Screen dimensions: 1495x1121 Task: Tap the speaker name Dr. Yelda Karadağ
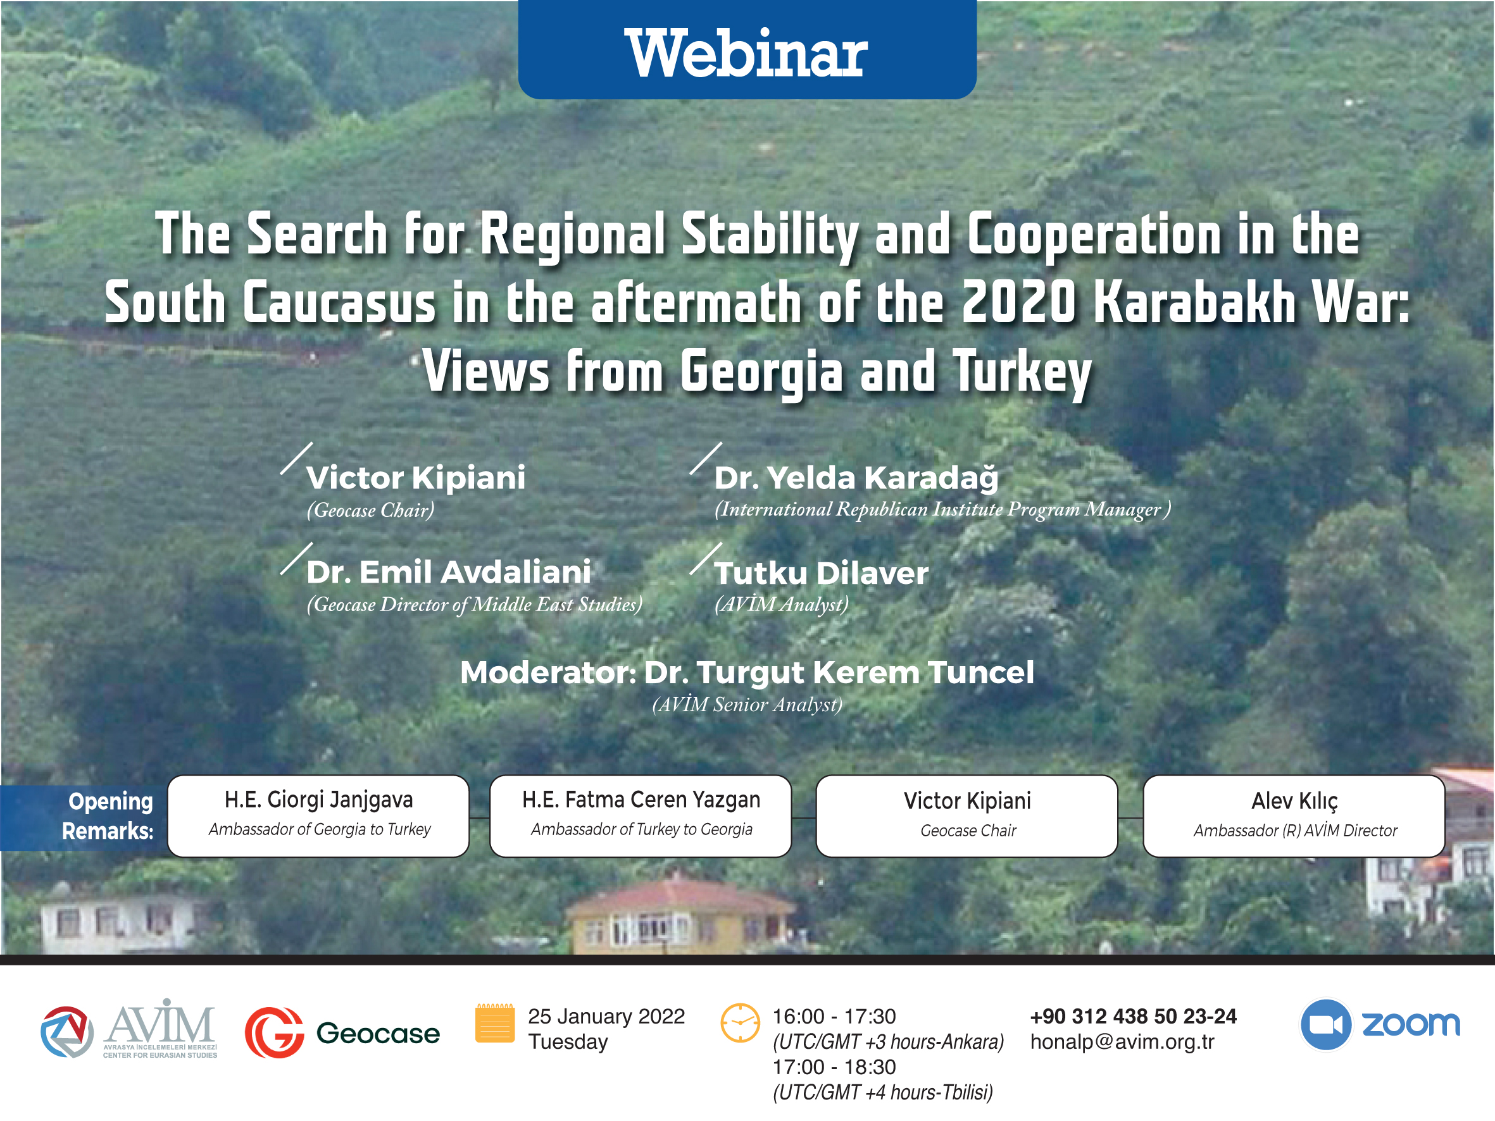click(x=856, y=478)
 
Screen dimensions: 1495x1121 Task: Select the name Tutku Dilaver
click(x=822, y=573)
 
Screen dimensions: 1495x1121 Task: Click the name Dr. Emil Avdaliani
click(x=449, y=572)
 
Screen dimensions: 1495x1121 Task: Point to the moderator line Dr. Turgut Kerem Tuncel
click(x=747, y=672)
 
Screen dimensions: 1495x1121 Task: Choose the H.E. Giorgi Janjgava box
click(x=318, y=816)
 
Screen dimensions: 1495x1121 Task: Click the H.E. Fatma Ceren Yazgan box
click(x=641, y=816)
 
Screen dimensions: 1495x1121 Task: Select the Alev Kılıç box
click(x=1294, y=816)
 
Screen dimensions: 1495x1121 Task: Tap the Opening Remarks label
click(x=108, y=815)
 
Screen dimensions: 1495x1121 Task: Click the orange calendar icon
click(x=495, y=1023)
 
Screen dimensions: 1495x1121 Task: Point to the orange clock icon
click(x=740, y=1023)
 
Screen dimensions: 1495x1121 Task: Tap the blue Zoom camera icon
click(x=1325, y=1024)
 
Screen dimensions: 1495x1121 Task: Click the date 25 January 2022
click(x=606, y=1016)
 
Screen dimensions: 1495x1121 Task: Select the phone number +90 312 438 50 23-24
click(x=1134, y=1016)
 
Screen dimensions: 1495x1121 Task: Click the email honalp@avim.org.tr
click(x=1122, y=1042)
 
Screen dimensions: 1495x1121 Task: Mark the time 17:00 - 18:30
click(x=834, y=1067)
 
